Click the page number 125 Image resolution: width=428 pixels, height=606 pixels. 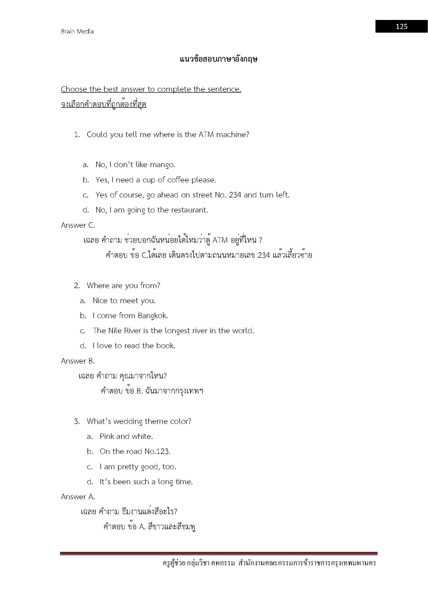[x=401, y=26]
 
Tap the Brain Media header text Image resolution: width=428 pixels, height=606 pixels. [x=77, y=31]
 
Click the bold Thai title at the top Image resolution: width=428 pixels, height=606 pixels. [x=218, y=59]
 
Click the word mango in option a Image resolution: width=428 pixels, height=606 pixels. [x=162, y=165]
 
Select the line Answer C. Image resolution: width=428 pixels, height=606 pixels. [x=78, y=225]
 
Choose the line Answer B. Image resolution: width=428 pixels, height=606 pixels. [x=78, y=361]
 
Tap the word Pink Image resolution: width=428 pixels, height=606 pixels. [x=107, y=436]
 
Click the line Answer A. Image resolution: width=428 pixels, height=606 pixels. [x=78, y=497]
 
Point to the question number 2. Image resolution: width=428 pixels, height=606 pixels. [x=77, y=286]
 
